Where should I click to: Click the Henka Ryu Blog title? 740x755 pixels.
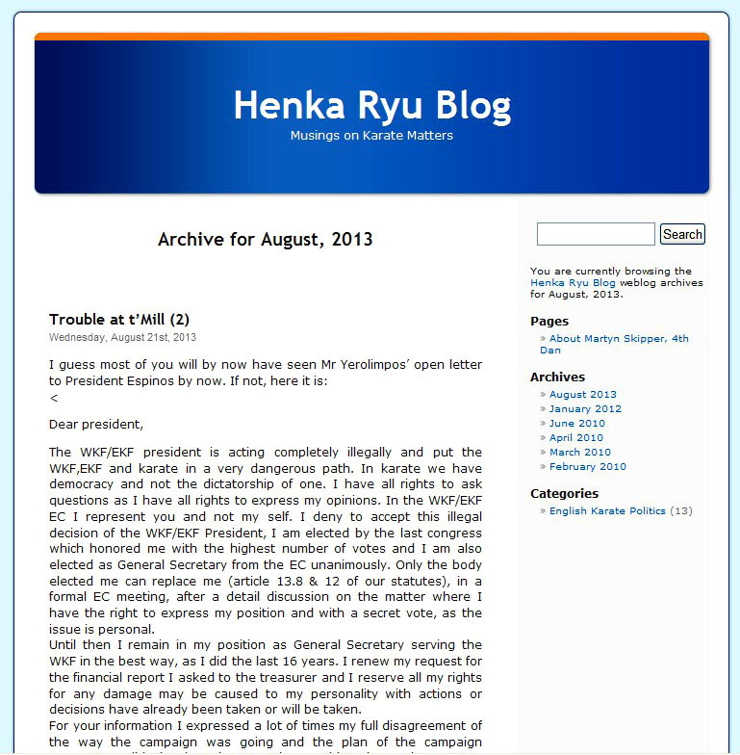coord(371,105)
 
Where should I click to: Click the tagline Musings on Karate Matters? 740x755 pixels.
coord(371,136)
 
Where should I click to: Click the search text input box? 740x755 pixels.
coord(595,234)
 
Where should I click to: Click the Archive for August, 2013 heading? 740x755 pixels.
coord(265,239)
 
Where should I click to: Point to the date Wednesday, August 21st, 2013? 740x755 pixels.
coord(122,338)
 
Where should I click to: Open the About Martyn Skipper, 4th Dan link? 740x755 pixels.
coord(619,339)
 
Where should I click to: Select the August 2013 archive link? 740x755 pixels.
coord(583,395)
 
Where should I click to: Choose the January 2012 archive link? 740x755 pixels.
coord(585,409)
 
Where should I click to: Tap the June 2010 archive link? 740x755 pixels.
coord(577,424)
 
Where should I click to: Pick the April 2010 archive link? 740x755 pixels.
coord(576,438)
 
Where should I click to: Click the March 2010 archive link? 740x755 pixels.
coord(579,453)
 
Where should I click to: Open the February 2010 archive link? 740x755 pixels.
coord(587,467)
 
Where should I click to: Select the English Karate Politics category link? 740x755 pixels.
coord(607,511)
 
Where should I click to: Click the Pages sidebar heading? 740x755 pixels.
coord(549,322)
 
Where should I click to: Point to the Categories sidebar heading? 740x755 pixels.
coord(564,494)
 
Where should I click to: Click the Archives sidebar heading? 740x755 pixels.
coord(557,377)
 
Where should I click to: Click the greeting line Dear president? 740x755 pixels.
coord(95,425)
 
